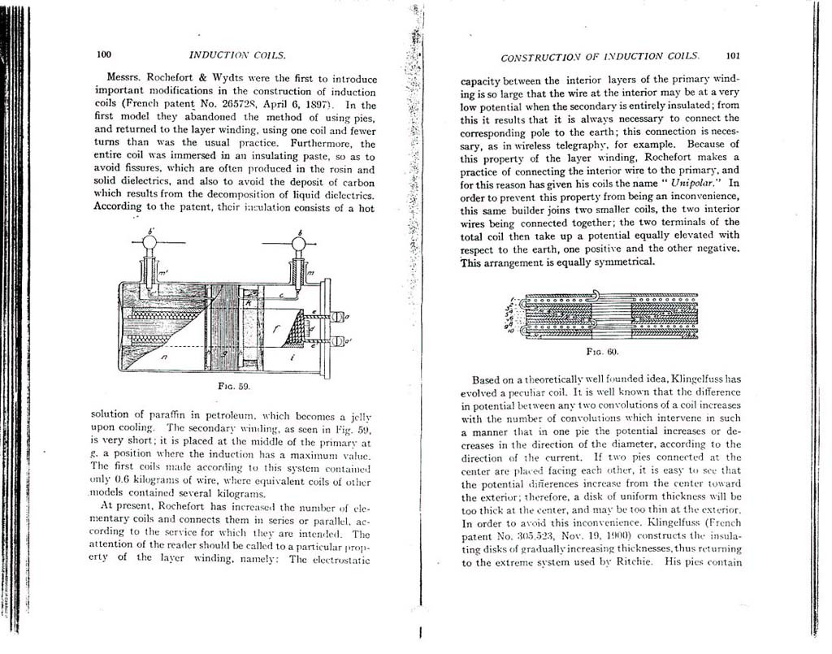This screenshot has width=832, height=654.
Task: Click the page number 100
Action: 103,55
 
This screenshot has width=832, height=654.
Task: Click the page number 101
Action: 732,57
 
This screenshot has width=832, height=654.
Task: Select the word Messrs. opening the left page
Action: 126,79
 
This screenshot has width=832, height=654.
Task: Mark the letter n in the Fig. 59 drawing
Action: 164,355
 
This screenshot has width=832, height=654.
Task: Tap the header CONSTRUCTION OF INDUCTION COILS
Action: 600,58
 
